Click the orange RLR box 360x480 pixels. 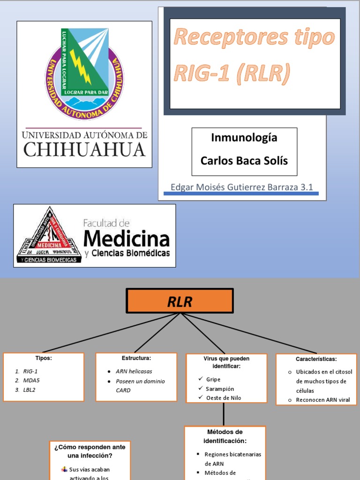pos(180,301)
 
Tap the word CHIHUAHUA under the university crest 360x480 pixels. pos(85,150)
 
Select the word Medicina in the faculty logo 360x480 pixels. pos(127,239)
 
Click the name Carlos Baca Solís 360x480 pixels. pos(244,161)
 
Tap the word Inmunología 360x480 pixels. pos(244,138)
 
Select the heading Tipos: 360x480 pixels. pos(44,358)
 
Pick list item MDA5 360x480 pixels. pos(31,380)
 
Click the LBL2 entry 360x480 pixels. pos(30,390)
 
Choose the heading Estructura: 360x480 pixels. pos(136,358)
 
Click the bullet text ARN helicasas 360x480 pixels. pos(135,371)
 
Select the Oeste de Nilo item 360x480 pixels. pos(224,398)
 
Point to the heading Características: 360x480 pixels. pos(316,359)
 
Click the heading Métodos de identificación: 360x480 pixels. pos(225,436)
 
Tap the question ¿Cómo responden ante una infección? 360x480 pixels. pos(90,451)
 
